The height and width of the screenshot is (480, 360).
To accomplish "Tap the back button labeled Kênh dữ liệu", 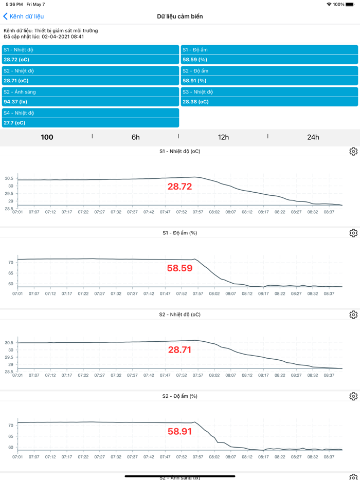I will coord(24,16).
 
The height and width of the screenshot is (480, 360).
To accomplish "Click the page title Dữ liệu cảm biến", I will coord(180,16).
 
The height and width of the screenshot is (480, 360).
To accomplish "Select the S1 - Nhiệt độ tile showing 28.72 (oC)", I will coord(91,55).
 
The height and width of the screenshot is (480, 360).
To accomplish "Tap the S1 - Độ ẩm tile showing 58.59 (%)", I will coord(269,55).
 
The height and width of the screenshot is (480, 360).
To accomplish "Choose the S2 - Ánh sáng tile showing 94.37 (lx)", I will coord(91,97).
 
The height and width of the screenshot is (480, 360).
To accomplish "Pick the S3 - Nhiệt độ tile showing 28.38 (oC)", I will coord(269,97).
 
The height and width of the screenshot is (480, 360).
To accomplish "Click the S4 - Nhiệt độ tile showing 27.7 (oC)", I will coord(91,118).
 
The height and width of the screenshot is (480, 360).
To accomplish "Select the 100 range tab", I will coord(47,137).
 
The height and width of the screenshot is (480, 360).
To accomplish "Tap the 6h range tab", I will coord(136,137).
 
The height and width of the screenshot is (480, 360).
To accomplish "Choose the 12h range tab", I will coord(223,137).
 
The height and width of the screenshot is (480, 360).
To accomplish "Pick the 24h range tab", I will coord(313,137).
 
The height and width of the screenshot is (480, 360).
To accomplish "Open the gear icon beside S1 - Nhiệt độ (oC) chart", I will coord(353,152).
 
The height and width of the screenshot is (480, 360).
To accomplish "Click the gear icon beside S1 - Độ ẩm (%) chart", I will coord(353,233).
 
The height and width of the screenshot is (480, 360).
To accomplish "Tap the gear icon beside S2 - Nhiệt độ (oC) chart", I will coord(353,315).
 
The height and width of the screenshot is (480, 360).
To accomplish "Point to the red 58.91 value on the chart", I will coord(179,432).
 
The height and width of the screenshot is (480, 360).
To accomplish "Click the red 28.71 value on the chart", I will coord(179,350).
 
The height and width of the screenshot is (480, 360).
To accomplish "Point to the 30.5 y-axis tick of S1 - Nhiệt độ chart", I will coord(9,179).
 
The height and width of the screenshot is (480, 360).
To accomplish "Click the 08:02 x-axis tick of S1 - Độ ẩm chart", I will coord(214,293).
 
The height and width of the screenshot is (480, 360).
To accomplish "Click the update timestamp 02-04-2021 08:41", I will coord(63,37).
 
